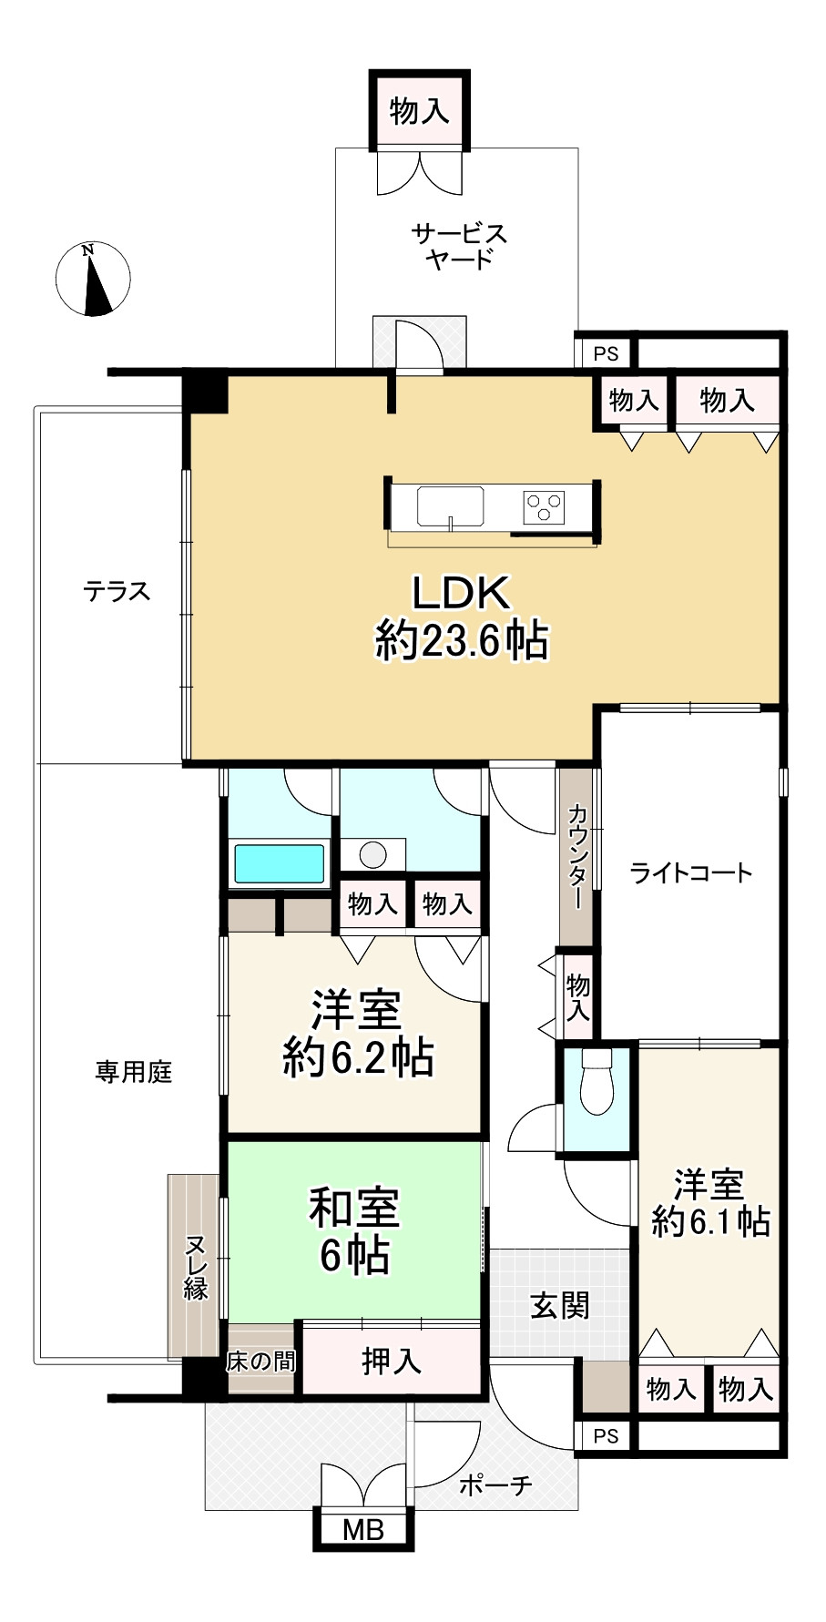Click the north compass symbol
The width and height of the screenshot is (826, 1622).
pyautogui.click(x=92, y=279)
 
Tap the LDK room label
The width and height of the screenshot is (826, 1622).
pyautogui.click(x=462, y=617)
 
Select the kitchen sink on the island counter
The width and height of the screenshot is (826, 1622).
pyautogui.click(x=450, y=506)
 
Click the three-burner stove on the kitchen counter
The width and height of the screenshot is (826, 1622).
pyautogui.click(x=544, y=506)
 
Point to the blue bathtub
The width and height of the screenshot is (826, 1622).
pyautogui.click(x=280, y=863)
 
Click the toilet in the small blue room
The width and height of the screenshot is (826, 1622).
pyautogui.click(x=597, y=1081)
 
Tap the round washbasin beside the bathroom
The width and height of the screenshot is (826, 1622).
pyautogui.click(x=372, y=854)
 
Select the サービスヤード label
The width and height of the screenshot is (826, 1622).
pyautogui.click(x=459, y=246)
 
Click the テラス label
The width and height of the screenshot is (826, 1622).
pyautogui.click(x=117, y=592)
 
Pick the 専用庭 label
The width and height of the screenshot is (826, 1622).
pyautogui.click(x=134, y=1072)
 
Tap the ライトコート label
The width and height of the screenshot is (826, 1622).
pyautogui.click(x=691, y=873)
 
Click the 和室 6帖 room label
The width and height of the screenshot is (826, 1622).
pyautogui.click(x=354, y=1231)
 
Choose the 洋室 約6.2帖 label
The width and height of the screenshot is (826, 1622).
pyautogui.click(x=358, y=1035)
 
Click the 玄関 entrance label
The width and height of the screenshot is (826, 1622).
pyautogui.click(x=560, y=1306)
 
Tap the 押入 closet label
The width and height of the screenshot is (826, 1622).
pyautogui.click(x=392, y=1362)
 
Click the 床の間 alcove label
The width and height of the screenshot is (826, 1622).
pyautogui.click(x=260, y=1362)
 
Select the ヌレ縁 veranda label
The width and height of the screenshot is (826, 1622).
pyautogui.click(x=196, y=1266)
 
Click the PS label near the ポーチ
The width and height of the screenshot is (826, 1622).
pyautogui.click(x=606, y=1436)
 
